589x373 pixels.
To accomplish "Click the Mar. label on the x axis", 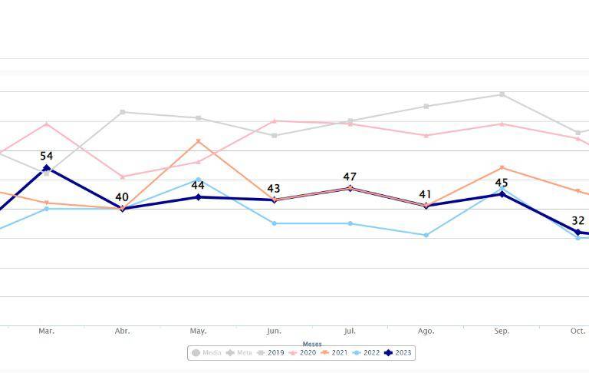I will click(x=46, y=331).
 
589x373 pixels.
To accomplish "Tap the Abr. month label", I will click(x=122, y=331).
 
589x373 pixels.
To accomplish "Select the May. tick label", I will click(x=198, y=331).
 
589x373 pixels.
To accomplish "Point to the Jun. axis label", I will click(x=274, y=331).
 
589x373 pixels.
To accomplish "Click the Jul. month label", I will click(x=350, y=331).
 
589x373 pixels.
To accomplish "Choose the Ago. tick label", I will click(x=426, y=331).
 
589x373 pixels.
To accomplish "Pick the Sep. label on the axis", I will click(x=502, y=331).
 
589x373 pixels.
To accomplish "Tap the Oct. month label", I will click(x=577, y=331).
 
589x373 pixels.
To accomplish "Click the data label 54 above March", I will click(x=46, y=156).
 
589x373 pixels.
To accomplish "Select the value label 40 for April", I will click(x=122, y=197).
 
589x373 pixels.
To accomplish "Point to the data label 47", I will click(x=350, y=177).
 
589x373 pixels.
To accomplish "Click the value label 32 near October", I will click(x=578, y=221).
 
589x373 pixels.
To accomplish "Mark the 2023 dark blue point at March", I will click(x=46, y=168).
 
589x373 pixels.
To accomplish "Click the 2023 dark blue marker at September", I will click(x=502, y=194).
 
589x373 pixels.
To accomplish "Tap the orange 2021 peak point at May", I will click(x=198, y=141).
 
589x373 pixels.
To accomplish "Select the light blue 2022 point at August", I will click(x=426, y=235).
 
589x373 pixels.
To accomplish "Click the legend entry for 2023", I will click(x=398, y=353).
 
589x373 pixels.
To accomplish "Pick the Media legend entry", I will click(x=207, y=353).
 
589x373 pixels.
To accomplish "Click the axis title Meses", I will click(x=312, y=344).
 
